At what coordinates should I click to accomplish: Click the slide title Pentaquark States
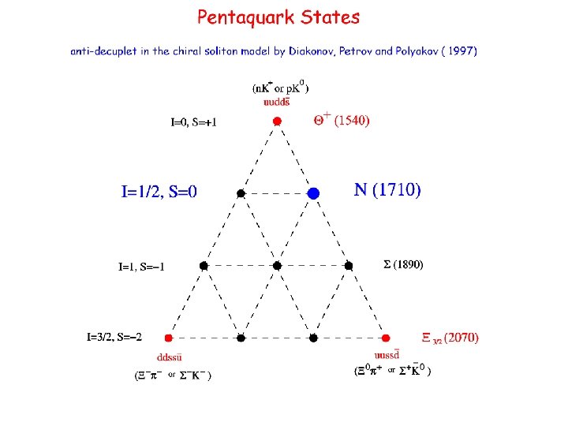pos(278,17)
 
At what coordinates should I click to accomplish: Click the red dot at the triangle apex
pos(277,121)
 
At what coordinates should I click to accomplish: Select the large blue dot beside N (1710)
pos(313,192)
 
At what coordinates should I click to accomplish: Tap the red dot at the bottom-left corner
pos(168,338)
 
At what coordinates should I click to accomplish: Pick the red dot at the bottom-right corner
pos(386,338)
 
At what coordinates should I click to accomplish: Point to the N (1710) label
pos(387,189)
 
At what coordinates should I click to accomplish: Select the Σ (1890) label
pos(403,265)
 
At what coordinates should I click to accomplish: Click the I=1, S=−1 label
pos(142,267)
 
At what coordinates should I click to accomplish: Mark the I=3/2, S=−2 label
pos(114,338)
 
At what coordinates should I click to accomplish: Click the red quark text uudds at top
pos(276,101)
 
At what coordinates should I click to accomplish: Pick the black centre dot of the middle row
pos(277,266)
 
